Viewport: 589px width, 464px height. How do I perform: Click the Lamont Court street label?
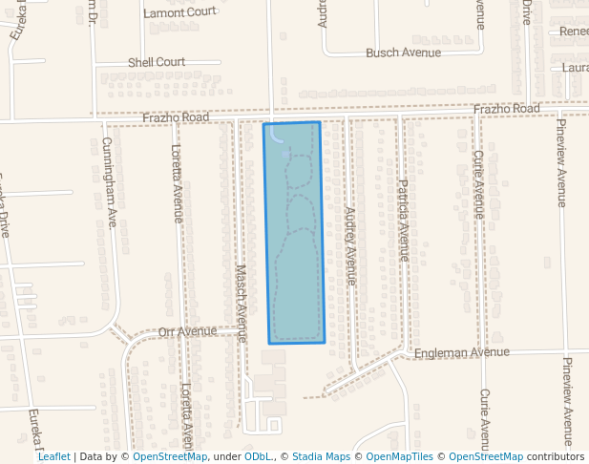(x=181, y=13)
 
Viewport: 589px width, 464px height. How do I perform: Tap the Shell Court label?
(x=157, y=62)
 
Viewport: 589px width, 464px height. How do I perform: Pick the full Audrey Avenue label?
(x=350, y=245)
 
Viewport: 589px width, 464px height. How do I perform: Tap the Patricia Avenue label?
(x=404, y=220)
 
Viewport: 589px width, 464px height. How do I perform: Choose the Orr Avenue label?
(x=188, y=332)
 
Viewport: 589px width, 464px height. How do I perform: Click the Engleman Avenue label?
(x=462, y=352)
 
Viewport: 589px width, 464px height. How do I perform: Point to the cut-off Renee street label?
(x=574, y=32)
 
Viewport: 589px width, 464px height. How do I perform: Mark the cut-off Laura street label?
(x=575, y=68)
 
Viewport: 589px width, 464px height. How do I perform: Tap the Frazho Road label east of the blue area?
(x=506, y=110)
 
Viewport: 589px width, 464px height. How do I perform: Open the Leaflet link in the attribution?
(x=53, y=456)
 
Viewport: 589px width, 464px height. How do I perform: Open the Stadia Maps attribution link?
(x=321, y=456)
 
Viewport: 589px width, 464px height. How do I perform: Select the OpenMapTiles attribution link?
(x=400, y=456)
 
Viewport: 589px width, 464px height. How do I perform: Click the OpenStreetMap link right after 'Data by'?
(x=170, y=456)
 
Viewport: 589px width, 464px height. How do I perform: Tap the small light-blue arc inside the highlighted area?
(x=277, y=136)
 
